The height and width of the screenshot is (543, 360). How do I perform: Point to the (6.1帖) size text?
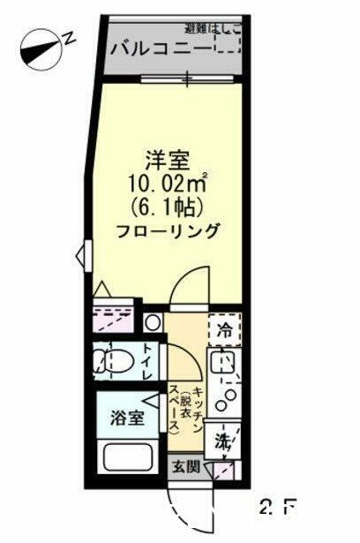tap(167, 208)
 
